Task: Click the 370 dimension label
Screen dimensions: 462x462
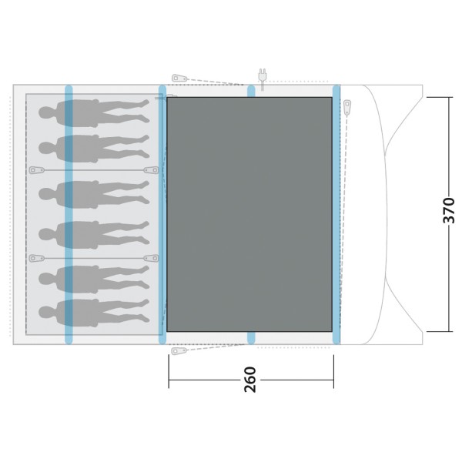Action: coord(449,210)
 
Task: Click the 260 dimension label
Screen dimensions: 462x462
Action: coord(250,380)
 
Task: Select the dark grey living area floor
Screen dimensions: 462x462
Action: coord(249,214)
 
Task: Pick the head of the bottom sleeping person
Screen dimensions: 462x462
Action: coord(45,313)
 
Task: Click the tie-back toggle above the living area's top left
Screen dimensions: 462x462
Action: coord(179,79)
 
